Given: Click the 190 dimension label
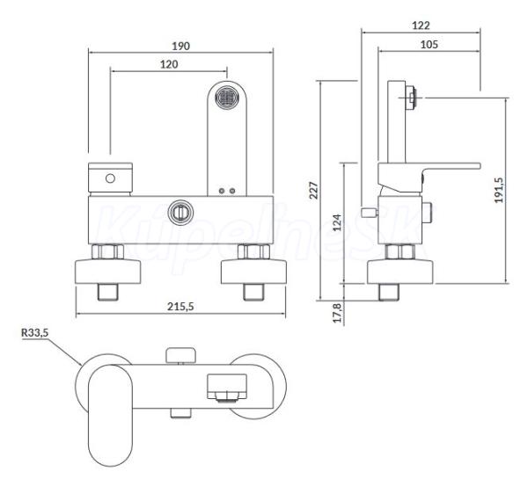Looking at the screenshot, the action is tap(180, 46).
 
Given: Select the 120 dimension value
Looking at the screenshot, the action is tap(169, 64).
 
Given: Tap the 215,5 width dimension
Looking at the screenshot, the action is tap(180, 307).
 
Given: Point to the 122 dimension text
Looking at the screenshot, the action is tap(421, 25).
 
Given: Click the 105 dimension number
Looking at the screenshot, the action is tap(429, 44).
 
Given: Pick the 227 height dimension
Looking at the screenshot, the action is tap(313, 191).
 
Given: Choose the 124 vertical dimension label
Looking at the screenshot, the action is tap(337, 222).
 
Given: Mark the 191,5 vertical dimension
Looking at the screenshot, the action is tap(499, 190).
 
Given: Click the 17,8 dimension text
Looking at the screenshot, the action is tap(337, 313).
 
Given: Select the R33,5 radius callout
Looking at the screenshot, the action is tap(34, 333).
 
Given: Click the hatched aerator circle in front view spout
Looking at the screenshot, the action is tap(226, 98).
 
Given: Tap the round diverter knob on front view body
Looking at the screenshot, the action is tap(180, 213).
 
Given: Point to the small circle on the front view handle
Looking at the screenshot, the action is tap(110, 178).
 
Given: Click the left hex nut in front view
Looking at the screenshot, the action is tap(107, 251).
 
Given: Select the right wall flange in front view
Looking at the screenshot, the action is tap(254, 272).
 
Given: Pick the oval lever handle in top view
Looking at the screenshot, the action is tap(111, 416).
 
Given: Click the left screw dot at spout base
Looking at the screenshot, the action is tap(222, 191).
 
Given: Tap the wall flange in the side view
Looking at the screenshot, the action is tap(400, 272).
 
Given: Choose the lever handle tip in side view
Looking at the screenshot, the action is tap(477, 166).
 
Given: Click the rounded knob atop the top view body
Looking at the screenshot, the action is tap(180, 355).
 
